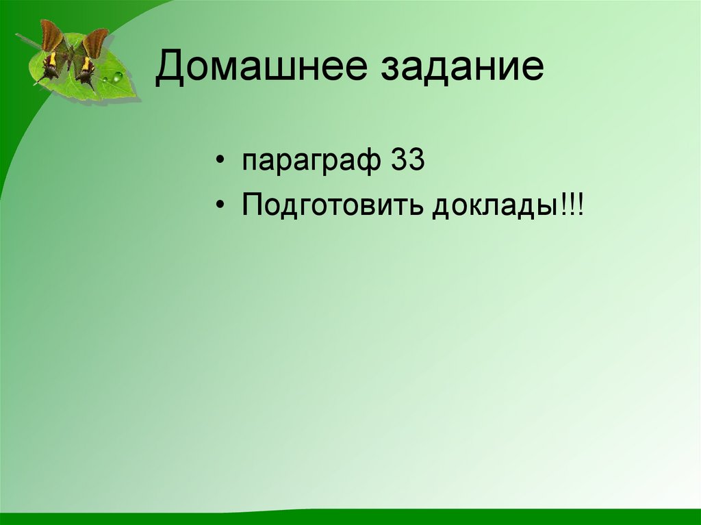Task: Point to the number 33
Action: [x=409, y=162]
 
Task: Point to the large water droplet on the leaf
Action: [x=117, y=76]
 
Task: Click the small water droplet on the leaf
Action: [x=104, y=81]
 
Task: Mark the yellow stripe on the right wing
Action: [x=86, y=64]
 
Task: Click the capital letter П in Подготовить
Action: [x=251, y=205]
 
